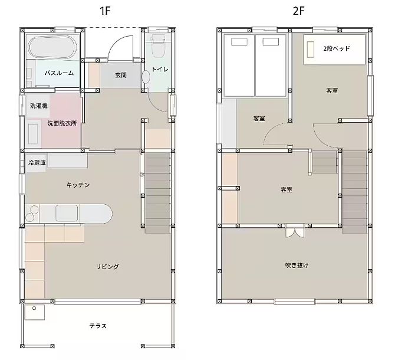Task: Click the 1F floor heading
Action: (105, 11)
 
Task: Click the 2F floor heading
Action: (298, 11)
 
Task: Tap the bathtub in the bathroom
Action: (52, 48)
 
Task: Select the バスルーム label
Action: (59, 73)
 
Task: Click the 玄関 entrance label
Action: (121, 75)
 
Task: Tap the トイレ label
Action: (160, 69)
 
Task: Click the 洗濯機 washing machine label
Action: (39, 106)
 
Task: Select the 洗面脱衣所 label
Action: (62, 123)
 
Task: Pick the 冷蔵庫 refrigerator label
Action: (37, 163)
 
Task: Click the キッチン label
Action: (78, 185)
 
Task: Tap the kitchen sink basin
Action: (67, 213)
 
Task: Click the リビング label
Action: (107, 267)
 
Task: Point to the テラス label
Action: (98, 326)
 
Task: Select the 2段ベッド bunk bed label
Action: (337, 48)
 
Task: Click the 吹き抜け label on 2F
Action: (297, 265)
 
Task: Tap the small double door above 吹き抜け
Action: (295, 231)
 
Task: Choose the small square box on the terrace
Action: (35, 312)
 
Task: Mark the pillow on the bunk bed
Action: (311, 50)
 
